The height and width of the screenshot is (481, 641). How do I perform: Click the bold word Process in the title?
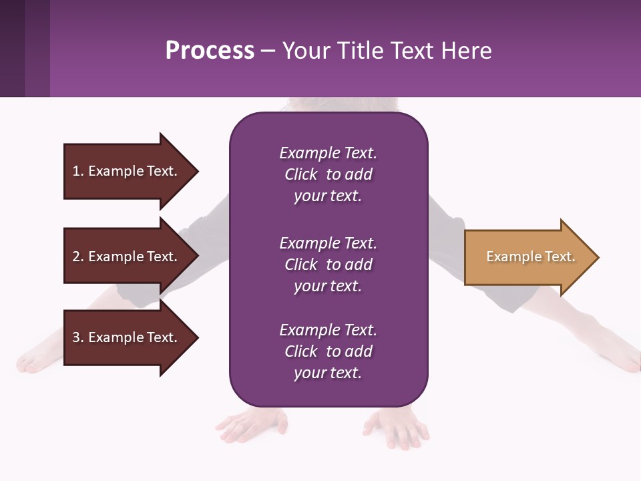click(210, 51)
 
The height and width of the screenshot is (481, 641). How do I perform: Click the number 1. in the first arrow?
click(78, 171)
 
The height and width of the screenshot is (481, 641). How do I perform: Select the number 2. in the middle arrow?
click(78, 257)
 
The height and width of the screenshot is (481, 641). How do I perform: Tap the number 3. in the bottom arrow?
click(78, 337)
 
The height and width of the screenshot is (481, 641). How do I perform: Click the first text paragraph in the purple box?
click(328, 174)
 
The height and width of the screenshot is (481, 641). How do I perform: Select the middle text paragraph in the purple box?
click(328, 265)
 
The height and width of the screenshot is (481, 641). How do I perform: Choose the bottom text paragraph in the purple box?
click(328, 351)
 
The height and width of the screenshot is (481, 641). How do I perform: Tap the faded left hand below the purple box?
click(251, 425)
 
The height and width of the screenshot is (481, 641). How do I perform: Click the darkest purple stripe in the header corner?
click(12, 48)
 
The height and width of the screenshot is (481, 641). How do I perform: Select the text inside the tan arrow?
click(530, 257)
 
